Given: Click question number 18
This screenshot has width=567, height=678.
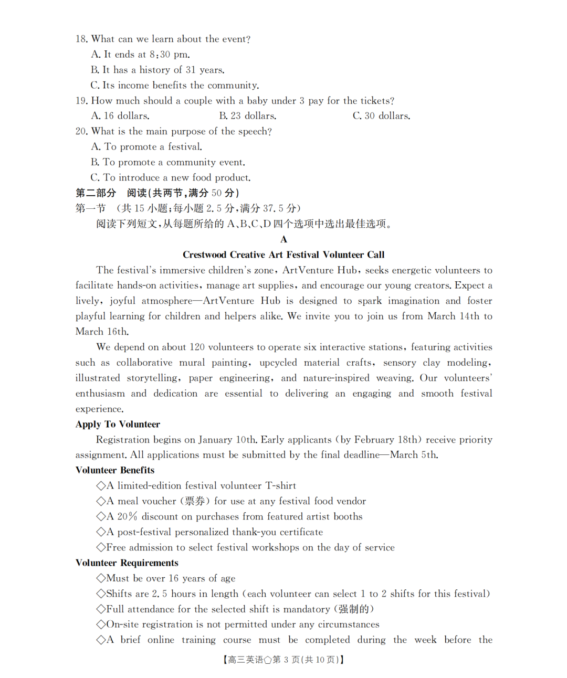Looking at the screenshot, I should tap(81, 39).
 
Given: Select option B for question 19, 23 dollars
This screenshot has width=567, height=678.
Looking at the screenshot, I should tap(247, 116).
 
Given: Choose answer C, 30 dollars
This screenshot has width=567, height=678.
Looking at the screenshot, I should tap(381, 116).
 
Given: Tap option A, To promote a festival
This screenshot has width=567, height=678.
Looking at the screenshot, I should tap(146, 147).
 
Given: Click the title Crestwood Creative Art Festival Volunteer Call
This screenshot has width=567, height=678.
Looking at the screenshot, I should tap(283, 255).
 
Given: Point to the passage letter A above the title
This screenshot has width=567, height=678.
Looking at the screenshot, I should tap(283, 239).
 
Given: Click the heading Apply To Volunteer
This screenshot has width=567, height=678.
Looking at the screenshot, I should tap(118, 424).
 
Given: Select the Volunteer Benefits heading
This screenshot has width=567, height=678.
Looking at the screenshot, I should tap(115, 470).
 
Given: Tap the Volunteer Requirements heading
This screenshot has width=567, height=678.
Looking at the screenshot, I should tap(127, 563).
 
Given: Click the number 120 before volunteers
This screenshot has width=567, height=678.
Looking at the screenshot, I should tap(197, 347).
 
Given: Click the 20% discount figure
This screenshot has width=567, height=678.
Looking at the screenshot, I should tap(127, 516).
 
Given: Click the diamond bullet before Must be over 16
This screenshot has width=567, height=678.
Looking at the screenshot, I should tap(101, 578).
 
